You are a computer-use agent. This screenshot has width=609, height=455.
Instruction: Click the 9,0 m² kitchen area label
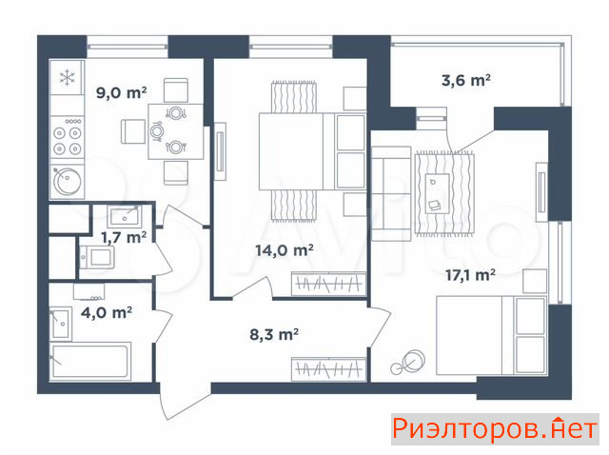pos(121,93)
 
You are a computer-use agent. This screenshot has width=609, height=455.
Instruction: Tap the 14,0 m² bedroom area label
pos(285,249)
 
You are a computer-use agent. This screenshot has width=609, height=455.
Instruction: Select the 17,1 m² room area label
pos(470,275)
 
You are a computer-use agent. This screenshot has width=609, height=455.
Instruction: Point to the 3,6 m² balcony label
pos(465,80)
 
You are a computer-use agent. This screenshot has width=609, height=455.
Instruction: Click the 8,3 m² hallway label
pos(274,334)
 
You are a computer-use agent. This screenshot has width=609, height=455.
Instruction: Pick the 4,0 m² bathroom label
pos(107,312)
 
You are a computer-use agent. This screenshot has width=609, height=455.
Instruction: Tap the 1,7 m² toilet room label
pos(124,237)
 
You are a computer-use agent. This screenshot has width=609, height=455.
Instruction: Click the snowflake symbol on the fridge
pos(68,77)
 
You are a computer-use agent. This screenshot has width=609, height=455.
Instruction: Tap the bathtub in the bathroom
pos(90,361)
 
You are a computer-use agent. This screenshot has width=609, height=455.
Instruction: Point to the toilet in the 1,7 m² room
pos(97,257)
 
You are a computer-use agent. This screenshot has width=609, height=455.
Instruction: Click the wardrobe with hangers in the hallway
pos(328,368)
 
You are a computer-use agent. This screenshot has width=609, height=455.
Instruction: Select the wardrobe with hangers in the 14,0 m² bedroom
pos(328,284)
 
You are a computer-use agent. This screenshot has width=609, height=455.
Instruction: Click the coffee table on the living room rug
pos(438,193)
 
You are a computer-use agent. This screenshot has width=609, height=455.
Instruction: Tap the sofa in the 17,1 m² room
pos(391,193)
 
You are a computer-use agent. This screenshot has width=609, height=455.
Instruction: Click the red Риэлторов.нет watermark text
pos(495,429)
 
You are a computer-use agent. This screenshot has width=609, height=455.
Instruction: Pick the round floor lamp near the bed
pos(408,362)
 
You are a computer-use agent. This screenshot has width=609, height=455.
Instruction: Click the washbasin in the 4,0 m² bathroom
pos(61,324)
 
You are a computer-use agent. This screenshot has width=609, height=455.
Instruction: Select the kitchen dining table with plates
pos(175,131)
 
